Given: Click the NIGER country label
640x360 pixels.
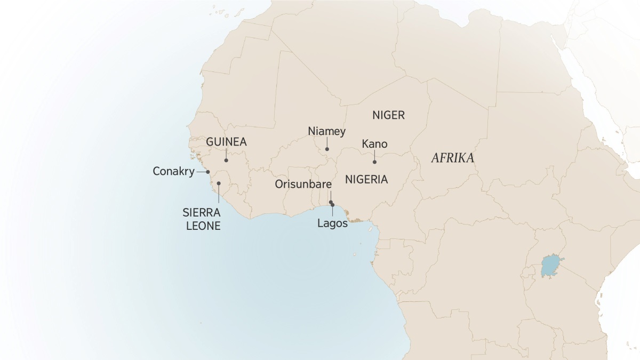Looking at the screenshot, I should [x=389, y=115].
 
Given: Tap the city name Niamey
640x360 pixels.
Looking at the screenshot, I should [x=327, y=131].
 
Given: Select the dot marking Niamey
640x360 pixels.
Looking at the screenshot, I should [x=327, y=149].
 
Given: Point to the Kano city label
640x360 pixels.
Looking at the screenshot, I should [x=374, y=144].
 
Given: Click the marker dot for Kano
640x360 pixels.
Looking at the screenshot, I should [x=374, y=162].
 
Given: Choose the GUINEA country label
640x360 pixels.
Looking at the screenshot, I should [x=226, y=142].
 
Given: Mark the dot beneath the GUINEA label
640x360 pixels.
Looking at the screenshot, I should [x=226, y=160].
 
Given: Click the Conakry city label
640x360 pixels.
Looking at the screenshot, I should [x=173, y=172].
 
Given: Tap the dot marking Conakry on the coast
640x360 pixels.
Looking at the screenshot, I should [x=208, y=172].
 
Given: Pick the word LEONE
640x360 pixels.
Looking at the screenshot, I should [x=202, y=226].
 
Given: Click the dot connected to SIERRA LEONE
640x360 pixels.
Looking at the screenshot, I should [x=219, y=183].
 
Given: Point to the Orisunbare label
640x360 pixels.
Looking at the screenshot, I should [x=303, y=184].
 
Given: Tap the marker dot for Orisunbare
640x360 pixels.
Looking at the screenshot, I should [x=331, y=202].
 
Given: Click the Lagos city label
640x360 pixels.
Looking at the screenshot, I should [x=332, y=223].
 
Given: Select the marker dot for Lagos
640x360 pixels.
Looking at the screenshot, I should [x=333, y=205].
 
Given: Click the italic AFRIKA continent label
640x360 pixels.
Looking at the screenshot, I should [x=453, y=158].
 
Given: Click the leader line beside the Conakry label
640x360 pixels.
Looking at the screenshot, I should [x=202, y=172].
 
